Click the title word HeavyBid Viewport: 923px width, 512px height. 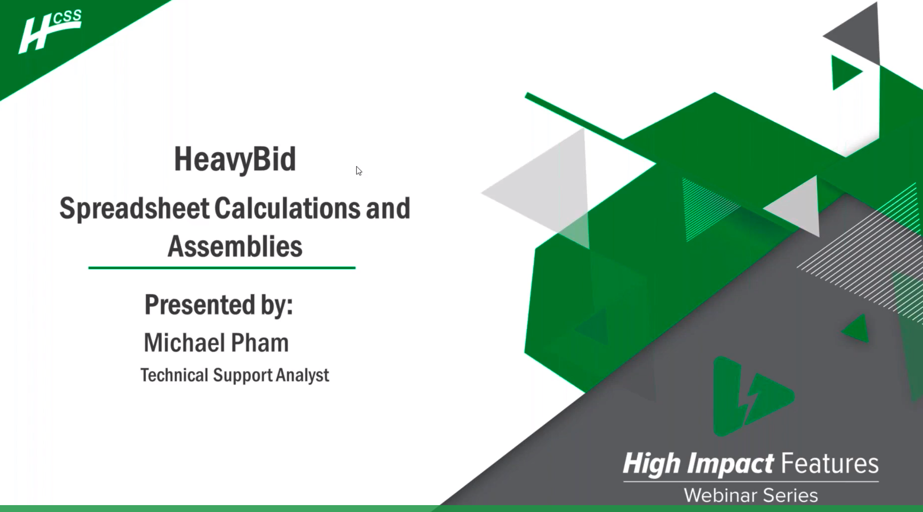tap(235, 159)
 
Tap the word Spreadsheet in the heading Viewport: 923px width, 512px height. tap(134, 209)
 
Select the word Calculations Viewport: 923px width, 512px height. tap(287, 208)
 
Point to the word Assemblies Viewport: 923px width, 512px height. tap(235, 247)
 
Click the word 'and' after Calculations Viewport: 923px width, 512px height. tap(388, 208)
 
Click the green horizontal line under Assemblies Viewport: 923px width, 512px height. tap(222, 268)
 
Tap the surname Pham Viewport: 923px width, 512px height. tap(260, 343)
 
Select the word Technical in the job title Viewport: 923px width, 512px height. tap(174, 375)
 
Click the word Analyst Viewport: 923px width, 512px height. tap(303, 375)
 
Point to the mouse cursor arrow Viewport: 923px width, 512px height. tap(358, 170)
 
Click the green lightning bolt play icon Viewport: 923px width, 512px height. tap(751, 396)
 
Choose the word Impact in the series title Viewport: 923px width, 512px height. tap(730, 464)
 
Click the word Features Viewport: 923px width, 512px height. tap(830, 464)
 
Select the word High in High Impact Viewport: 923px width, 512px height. tap(652, 464)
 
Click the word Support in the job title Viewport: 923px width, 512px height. tap(242, 375)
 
